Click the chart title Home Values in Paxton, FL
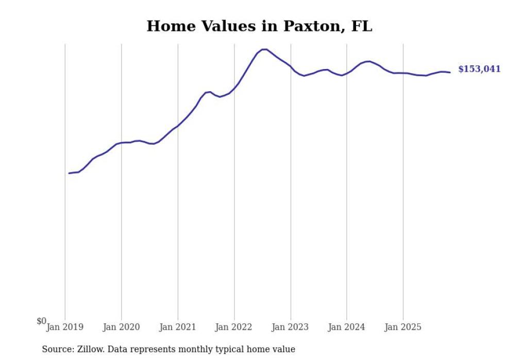(259, 26)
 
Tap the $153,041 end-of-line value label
(479, 69)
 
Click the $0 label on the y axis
(41, 321)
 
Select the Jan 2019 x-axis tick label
(65, 327)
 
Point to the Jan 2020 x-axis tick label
(122, 327)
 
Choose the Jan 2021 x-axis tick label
(178, 327)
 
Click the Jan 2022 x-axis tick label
(234, 327)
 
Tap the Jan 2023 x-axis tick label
(291, 327)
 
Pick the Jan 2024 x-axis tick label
(347, 327)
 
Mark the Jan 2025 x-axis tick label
(403, 327)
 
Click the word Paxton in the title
(311, 26)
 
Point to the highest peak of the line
(264, 49)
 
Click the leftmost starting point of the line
(69, 173)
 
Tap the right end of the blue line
(450, 72)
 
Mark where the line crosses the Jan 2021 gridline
(178, 126)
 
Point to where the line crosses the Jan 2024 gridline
(347, 74)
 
